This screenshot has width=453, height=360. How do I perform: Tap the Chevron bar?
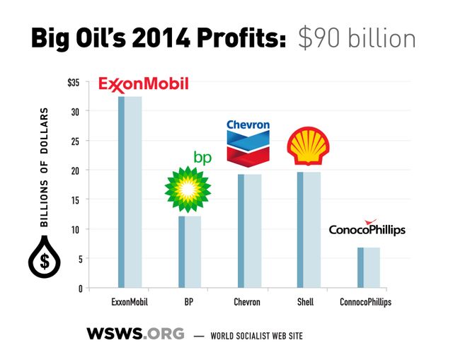[x=249, y=231]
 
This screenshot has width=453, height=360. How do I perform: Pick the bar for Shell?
[x=309, y=230]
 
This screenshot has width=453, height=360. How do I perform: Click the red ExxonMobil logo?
[x=144, y=84]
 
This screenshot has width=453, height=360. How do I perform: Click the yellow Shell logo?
[x=308, y=146]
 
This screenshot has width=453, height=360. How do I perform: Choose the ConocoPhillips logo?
[x=368, y=228]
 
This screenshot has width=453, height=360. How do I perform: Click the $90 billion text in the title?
[x=357, y=37]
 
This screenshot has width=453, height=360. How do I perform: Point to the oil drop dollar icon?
[x=44, y=260]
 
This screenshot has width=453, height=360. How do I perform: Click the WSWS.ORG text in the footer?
[x=135, y=333]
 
